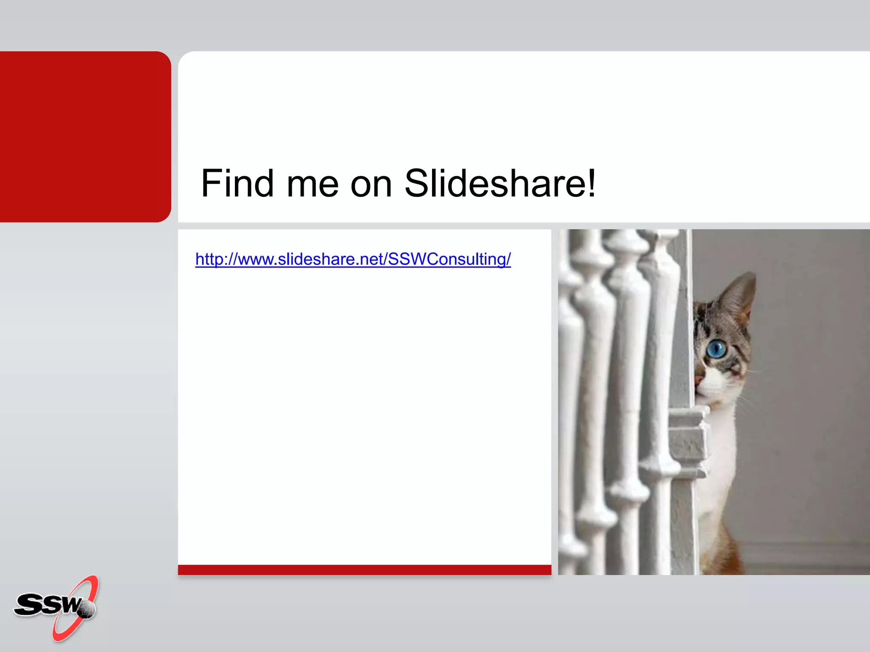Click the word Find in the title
(237, 183)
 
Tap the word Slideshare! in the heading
(500, 183)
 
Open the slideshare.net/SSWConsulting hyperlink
(353, 259)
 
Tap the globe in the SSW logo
(88, 610)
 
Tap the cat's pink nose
(698, 379)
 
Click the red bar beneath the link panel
(364, 570)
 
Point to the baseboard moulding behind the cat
(807, 552)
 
